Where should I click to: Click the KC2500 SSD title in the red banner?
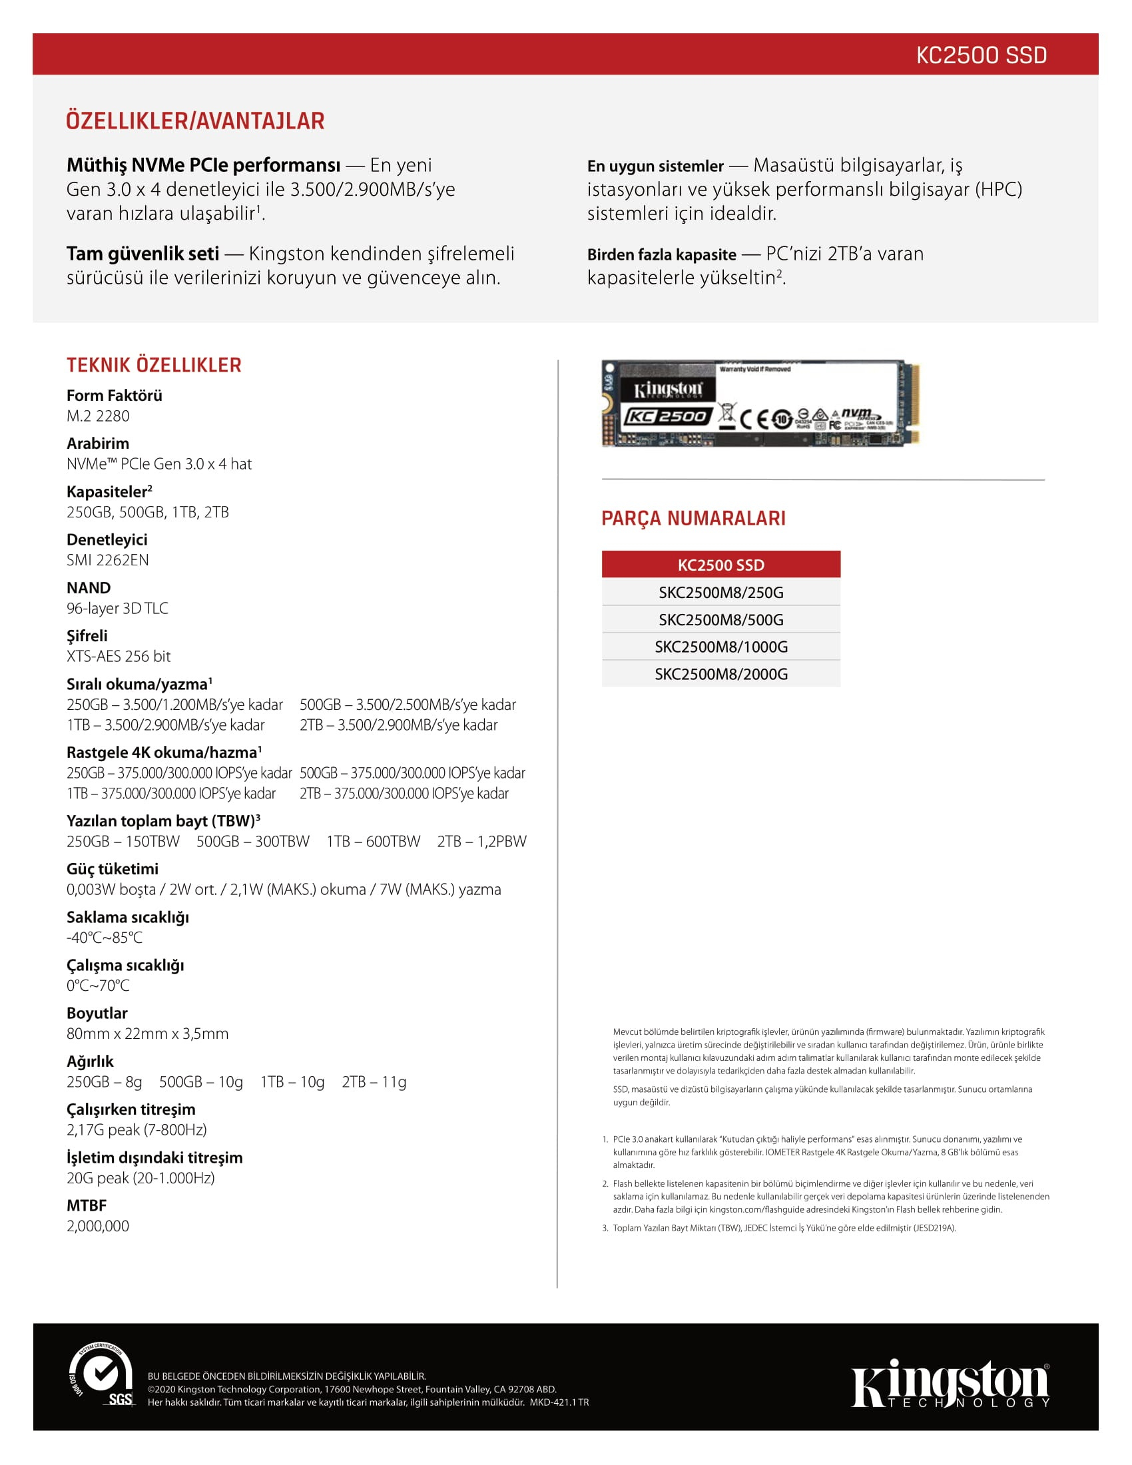click(980, 55)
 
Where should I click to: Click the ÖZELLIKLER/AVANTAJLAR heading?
click(195, 121)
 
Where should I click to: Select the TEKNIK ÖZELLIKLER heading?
click(154, 365)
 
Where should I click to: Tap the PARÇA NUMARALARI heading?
click(693, 519)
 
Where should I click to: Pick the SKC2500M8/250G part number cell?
click(721, 592)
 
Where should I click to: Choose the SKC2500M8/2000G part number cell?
click(721, 674)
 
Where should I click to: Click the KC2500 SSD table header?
click(721, 565)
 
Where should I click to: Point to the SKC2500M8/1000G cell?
click(721, 647)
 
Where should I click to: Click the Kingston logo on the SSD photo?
click(668, 390)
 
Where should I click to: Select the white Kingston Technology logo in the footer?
click(950, 1384)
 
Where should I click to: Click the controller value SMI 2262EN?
click(107, 560)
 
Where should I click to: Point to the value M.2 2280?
click(98, 416)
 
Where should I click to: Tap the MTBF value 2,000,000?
click(98, 1226)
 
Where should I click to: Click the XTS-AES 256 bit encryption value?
click(119, 656)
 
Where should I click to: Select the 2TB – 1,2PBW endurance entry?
click(481, 841)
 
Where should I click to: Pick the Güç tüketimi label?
click(113, 868)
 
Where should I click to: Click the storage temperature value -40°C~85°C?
click(104, 937)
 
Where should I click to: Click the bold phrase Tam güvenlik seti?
click(143, 254)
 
